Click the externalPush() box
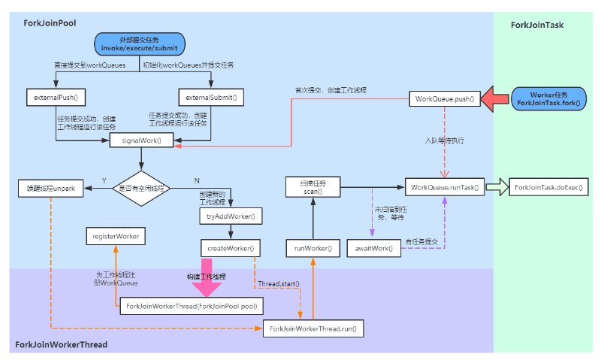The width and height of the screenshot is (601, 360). point(56,98)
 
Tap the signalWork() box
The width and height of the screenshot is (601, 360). point(141,140)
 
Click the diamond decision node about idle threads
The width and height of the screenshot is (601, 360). point(141,187)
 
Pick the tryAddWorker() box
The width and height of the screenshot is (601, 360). point(231,216)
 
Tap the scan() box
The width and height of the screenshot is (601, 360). point(313,187)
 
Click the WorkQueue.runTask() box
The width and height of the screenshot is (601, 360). point(443,187)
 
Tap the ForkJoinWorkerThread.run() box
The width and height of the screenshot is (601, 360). point(312,328)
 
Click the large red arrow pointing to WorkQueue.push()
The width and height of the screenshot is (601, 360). point(497,98)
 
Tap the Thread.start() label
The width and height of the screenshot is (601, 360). point(279,285)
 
